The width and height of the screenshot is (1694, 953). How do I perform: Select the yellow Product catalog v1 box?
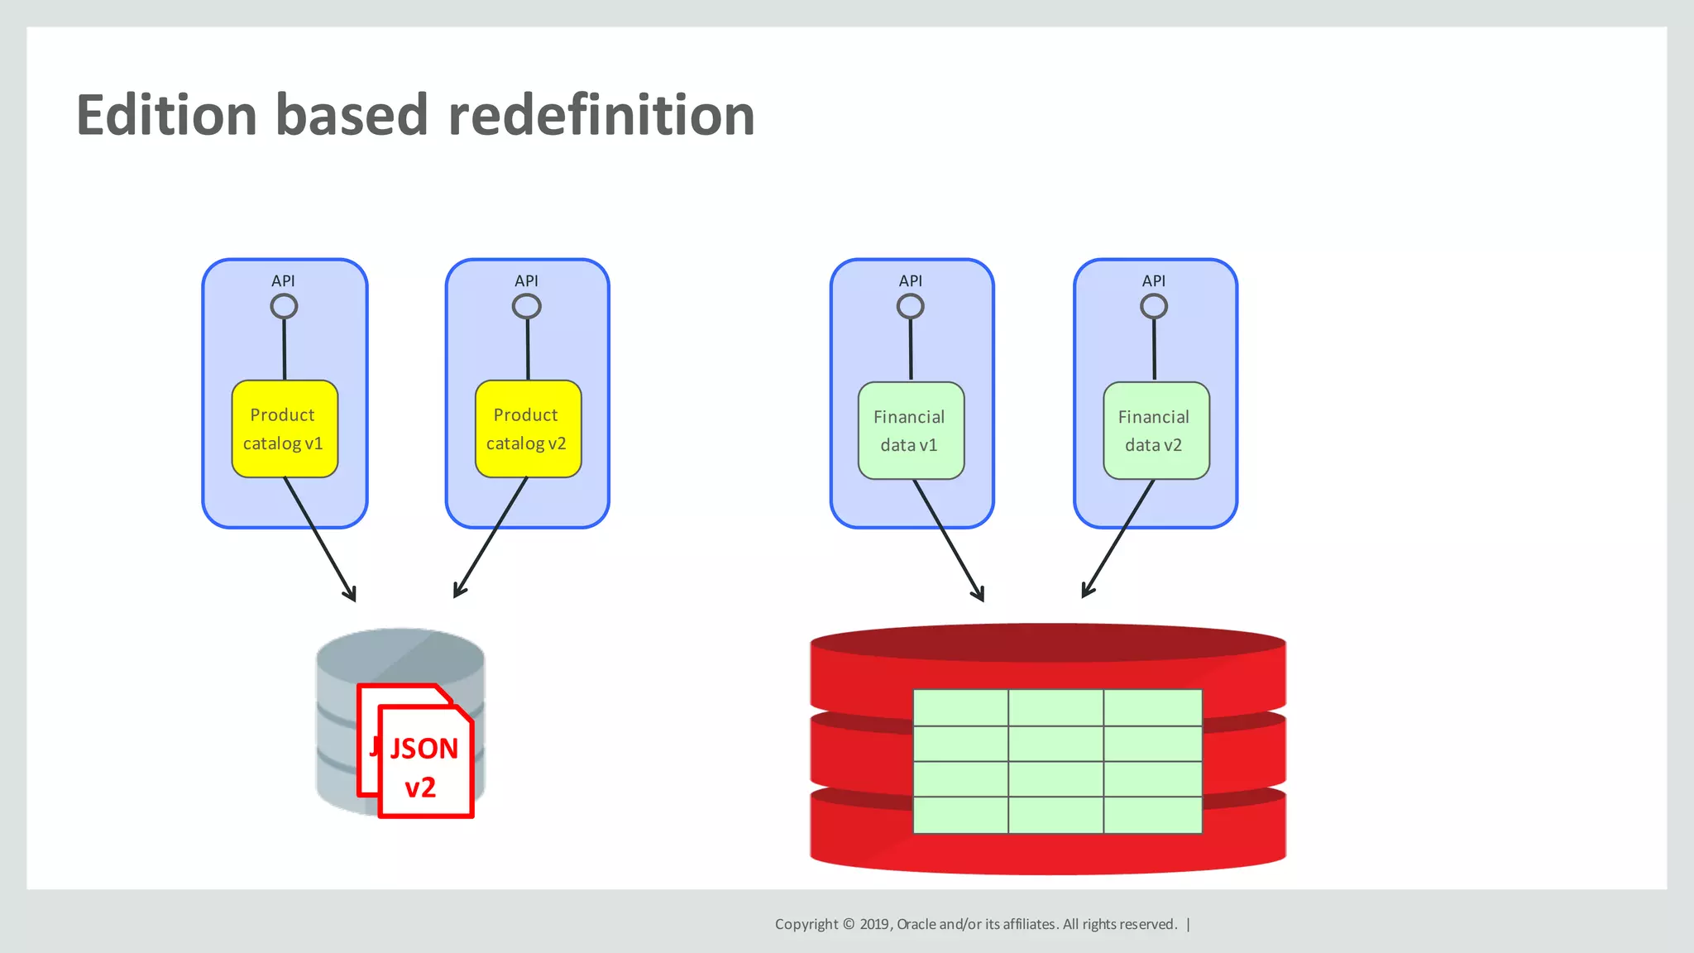click(x=284, y=429)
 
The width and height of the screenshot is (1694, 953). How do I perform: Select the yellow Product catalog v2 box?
click(x=527, y=429)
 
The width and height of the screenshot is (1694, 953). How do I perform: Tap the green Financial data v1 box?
click(x=910, y=430)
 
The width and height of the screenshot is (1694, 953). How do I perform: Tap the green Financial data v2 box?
click(x=1155, y=430)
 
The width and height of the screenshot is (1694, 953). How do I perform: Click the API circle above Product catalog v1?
click(x=284, y=307)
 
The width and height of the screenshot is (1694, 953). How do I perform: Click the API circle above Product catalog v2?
click(x=527, y=307)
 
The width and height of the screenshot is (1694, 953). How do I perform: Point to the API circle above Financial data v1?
click(x=910, y=307)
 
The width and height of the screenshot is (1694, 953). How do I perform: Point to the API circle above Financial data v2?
click(x=1154, y=307)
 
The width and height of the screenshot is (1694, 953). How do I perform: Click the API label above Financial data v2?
click(x=1154, y=281)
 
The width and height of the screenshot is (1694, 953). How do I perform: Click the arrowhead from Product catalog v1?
click(x=352, y=594)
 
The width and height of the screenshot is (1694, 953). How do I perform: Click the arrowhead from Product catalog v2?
click(x=458, y=590)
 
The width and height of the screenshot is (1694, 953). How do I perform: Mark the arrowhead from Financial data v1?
click(x=979, y=594)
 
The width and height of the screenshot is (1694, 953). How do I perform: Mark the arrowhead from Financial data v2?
click(x=1087, y=590)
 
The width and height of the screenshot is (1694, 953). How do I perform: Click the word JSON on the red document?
click(x=423, y=749)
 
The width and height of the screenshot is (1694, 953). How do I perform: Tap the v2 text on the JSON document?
click(x=420, y=787)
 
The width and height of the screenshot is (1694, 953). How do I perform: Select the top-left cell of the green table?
click(x=960, y=707)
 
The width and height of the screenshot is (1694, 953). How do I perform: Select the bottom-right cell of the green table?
click(x=1152, y=815)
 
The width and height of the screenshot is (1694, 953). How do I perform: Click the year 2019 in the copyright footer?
click(x=874, y=924)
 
